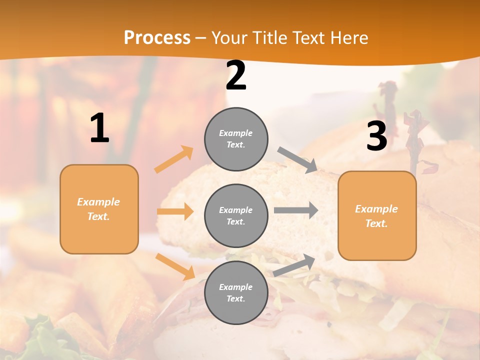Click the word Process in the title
(157, 37)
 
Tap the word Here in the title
(348, 37)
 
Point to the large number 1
(99, 128)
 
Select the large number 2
(236, 76)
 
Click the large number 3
(376, 136)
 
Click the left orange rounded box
(99, 209)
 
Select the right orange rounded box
(377, 215)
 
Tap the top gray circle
(236, 139)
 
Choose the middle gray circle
(236, 215)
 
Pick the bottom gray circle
(236, 292)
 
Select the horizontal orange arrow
(175, 211)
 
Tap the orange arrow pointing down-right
(175, 266)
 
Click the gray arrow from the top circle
(297, 160)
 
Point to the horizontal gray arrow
(295, 210)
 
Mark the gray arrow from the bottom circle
(294, 265)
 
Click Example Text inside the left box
(98, 209)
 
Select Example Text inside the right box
(376, 216)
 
